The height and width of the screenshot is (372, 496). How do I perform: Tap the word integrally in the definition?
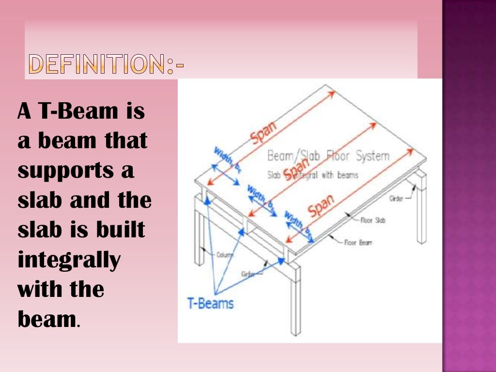[x=69, y=261]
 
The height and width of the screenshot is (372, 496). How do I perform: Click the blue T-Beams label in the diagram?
[x=211, y=304]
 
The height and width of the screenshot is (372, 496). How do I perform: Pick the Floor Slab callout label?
[x=372, y=220]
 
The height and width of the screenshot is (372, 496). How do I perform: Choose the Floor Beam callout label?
[x=358, y=243]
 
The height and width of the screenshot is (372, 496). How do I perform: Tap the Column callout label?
[x=224, y=254]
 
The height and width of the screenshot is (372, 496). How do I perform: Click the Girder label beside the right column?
[x=396, y=198]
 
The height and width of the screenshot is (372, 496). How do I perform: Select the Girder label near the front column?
[x=248, y=274]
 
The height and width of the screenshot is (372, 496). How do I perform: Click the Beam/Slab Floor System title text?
[x=328, y=156]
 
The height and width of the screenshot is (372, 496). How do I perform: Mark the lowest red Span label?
[x=321, y=206]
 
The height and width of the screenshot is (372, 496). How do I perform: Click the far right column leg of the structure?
[x=421, y=208]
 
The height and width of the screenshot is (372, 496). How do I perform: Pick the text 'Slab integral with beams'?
[x=312, y=175]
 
